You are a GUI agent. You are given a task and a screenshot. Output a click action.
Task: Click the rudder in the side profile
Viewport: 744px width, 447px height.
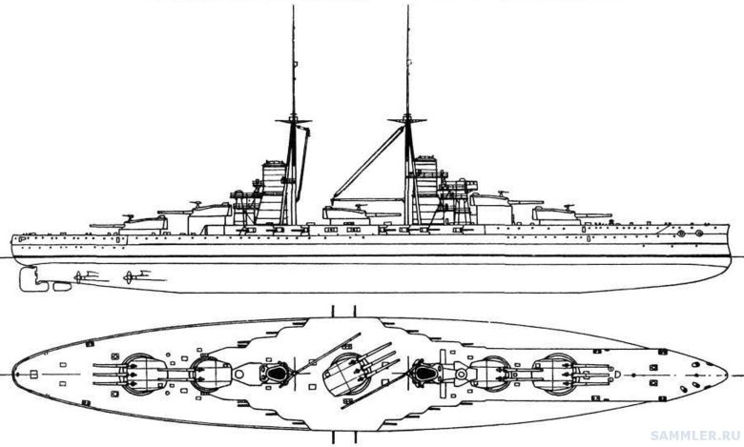(29, 278)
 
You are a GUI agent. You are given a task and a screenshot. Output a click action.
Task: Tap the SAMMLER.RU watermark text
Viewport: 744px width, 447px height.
(695, 436)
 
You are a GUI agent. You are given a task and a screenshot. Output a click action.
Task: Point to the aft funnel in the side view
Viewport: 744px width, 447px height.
(272, 193)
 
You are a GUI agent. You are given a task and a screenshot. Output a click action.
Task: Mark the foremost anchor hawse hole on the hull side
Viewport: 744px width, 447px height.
(699, 234)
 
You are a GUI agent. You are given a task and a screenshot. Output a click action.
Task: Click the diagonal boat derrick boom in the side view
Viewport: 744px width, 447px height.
(368, 162)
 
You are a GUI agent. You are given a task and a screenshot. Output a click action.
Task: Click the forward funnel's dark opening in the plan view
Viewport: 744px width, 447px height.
(424, 374)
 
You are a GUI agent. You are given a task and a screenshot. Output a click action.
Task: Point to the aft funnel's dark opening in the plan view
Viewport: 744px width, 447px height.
(277, 374)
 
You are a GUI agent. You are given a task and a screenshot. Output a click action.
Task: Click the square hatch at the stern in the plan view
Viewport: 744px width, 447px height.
(34, 375)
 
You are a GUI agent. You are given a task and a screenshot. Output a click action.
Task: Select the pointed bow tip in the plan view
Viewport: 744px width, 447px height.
(726, 374)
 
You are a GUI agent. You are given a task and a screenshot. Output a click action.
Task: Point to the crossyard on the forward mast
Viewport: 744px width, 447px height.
(407, 120)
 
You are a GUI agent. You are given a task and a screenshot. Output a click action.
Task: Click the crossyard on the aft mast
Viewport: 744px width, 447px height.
(293, 121)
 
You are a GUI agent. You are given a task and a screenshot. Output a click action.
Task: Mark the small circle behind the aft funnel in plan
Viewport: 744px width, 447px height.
(239, 375)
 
